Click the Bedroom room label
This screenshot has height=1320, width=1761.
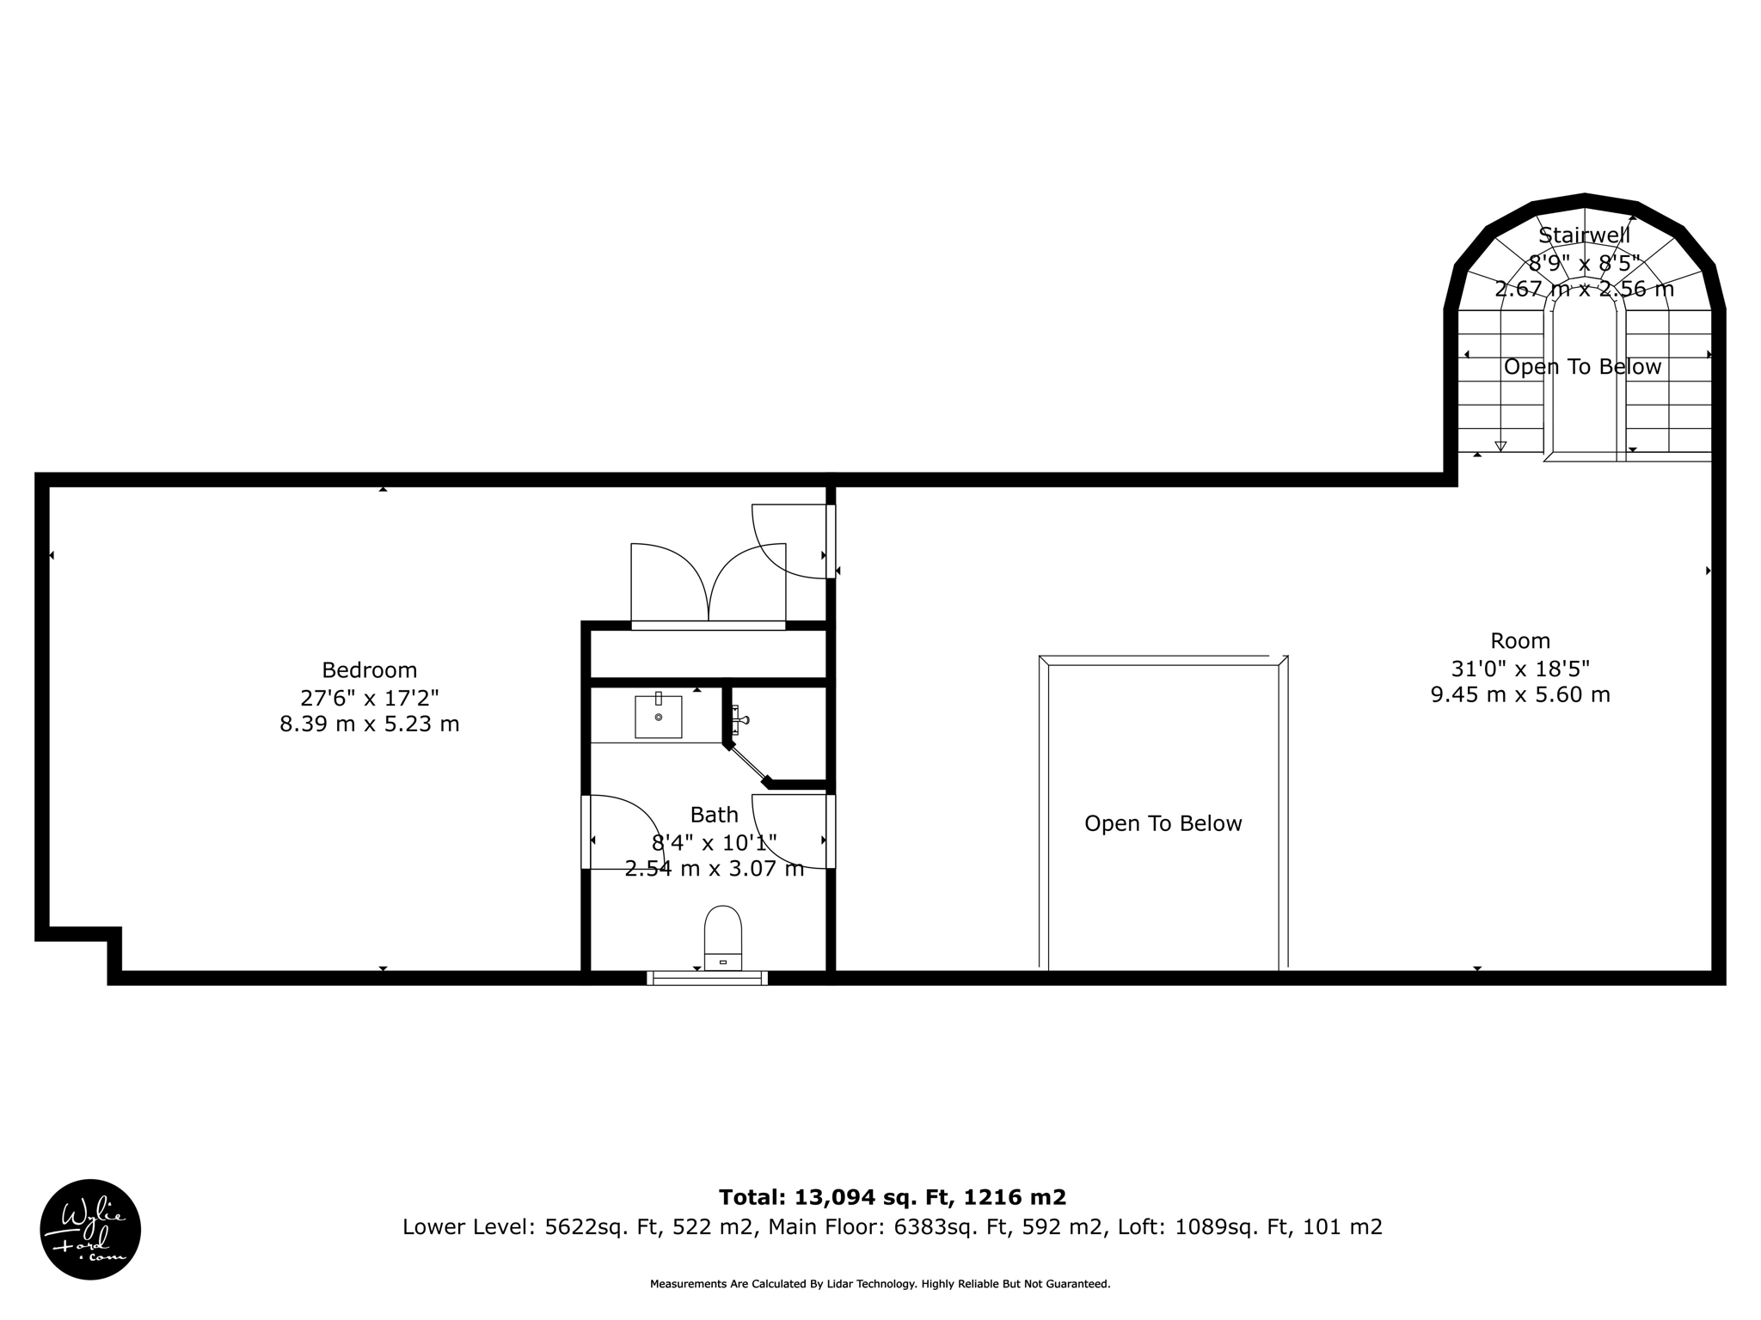(x=369, y=670)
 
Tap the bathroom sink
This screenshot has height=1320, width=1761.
(x=658, y=717)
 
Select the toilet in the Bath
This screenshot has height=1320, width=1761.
(x=722, y=938)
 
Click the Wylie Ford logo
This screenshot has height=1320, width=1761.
(x=90, y=1229)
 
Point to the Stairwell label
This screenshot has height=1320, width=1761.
(x=1584, y=235)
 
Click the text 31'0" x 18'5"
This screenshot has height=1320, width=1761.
(x=1519, y=668)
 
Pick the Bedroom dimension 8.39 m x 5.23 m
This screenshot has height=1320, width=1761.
(x=369, y=724)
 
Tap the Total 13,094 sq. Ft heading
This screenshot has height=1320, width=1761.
(x=892, y=1197)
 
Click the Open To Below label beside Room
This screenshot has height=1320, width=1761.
(x=1163, y=823)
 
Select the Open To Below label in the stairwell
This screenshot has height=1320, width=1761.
(x=1582, y=367)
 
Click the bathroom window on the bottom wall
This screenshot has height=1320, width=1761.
(x=707, y=977)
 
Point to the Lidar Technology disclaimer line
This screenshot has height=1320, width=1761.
(x=880, y=1284)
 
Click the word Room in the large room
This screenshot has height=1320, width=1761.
(x=1519, y=641)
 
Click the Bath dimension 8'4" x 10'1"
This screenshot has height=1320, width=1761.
(x=714, y=842)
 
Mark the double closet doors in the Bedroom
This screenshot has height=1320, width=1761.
(x=708, y=584)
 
